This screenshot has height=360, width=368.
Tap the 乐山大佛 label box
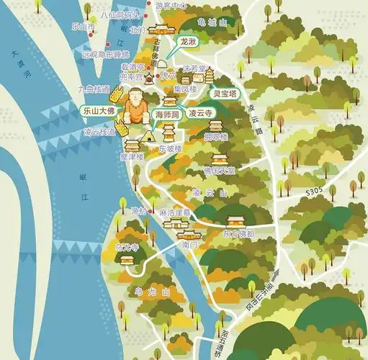(97, 112)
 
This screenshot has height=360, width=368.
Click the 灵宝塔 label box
(225, 93)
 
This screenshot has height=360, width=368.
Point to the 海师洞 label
(168, 114)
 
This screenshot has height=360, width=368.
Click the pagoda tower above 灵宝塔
(210, 75)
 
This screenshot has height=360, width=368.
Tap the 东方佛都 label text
(238, 233)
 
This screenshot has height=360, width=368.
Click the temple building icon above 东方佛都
(236, 220)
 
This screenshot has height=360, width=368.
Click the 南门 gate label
(189, 245)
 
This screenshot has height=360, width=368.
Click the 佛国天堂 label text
(219, 171)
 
